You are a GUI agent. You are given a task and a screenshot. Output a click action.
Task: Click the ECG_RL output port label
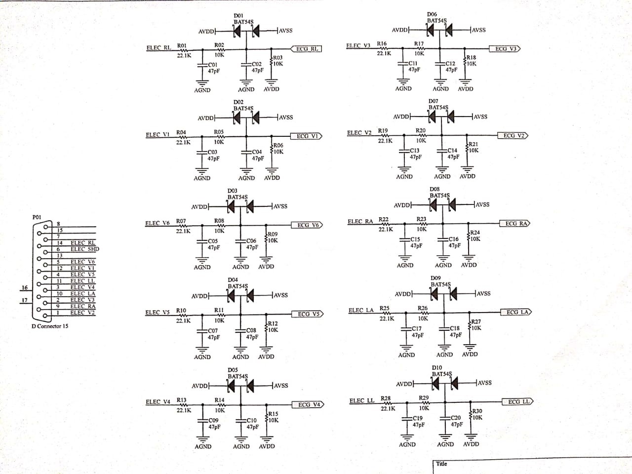click(307, 49)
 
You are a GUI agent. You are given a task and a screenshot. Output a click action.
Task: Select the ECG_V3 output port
click(505, 49)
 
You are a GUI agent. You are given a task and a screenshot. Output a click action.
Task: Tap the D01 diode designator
click(238, 16)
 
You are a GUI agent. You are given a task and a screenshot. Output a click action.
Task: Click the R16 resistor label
click(382, 44)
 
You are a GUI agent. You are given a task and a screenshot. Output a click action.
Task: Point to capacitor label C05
click(213, 241)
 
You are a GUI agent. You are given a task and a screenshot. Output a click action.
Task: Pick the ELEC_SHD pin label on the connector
click(84, 249)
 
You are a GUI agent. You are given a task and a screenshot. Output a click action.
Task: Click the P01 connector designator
click(37, 217)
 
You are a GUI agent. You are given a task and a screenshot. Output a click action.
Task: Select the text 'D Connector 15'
click(50, 326)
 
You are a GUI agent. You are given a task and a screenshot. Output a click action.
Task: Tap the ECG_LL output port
click(518, 401)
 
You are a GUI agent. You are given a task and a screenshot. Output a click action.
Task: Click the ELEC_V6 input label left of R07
click(158, 223)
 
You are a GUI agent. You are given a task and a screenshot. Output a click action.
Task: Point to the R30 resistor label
click(477, 411)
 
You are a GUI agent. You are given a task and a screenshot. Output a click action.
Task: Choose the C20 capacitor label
click(455, 418)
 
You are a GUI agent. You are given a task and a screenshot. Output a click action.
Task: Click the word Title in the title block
click(441, 464)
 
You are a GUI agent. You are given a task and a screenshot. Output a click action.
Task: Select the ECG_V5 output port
click(308, 314)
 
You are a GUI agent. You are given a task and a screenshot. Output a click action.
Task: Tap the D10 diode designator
click(437, 368)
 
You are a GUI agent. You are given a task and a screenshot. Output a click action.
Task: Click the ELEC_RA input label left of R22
click(360, 222)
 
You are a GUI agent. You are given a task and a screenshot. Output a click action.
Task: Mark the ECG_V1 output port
click(308, 136)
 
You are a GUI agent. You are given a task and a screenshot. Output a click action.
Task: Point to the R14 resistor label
click(219, 400)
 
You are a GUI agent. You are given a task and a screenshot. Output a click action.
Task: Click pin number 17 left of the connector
click(24, 300)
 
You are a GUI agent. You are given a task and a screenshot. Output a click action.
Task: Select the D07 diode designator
click(433, 101)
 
